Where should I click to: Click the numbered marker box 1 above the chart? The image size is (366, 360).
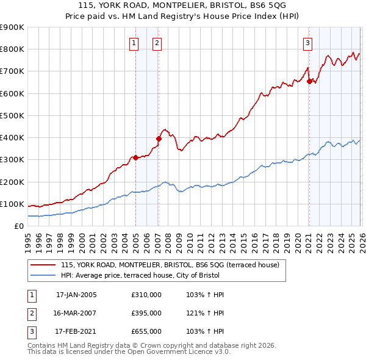point(134,43)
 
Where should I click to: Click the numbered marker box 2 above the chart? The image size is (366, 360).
point(157,43)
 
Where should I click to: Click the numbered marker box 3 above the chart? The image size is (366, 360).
point(308,43)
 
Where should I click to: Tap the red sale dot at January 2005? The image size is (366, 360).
point(135,157)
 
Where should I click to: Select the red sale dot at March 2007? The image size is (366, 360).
point(158,139)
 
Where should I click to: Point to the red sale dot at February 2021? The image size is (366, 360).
point(309,81)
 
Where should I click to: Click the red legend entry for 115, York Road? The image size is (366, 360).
point(170,265)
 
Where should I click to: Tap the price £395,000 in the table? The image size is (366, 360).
point(146,313)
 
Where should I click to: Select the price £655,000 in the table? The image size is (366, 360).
point(146,331)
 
